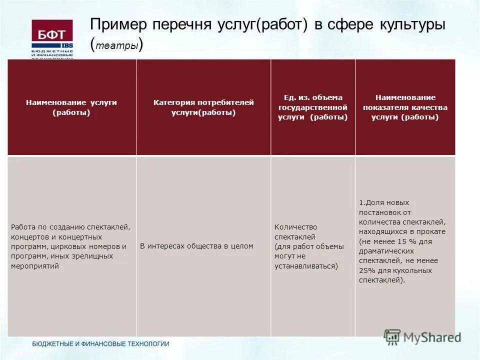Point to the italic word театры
pyautogui.click(x=117, y=46)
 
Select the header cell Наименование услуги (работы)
pyautogui.click(x=71, y=107)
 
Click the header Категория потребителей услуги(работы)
pyautogui.click(x=203, y=107)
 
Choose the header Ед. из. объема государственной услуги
pyautogui.click(x=312, y=107)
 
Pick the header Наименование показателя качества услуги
pyautogui.click(x=405, y=107)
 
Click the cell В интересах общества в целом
pyautogui.click(x=196, y=246)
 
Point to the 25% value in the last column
pyautogui.click(x=367, y=270)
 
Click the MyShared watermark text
pyautogui.click(x=431, y=337)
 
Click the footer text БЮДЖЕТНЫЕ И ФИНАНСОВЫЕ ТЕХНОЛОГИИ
pyautogui.click(x=100, y=344)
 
